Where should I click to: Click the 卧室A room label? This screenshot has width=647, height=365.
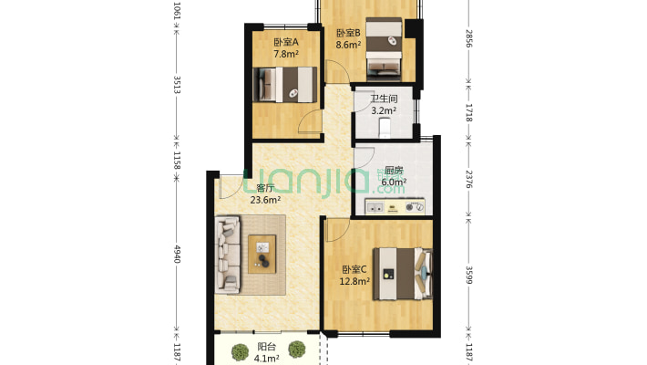point(286,42)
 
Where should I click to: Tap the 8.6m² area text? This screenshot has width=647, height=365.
point(348,45)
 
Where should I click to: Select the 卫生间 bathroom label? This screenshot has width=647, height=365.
point(384,99)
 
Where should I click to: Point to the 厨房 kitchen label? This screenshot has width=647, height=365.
point(394,171)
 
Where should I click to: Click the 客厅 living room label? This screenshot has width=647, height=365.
point(265,188)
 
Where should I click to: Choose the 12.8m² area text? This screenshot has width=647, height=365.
point(354,281)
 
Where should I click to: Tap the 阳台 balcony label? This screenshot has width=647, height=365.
point(267,347)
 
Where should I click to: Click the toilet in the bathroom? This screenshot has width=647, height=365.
point(385,128)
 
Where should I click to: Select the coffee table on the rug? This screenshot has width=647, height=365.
point(262,254)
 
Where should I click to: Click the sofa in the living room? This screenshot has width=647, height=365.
point(228,255)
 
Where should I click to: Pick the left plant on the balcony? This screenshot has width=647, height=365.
point(240,352)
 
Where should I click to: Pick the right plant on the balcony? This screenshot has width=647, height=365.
point(297,349)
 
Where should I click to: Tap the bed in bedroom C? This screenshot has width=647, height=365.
point(403,274)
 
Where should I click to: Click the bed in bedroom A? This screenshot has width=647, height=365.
point(284,84)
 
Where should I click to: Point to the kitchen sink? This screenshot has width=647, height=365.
point(375,207)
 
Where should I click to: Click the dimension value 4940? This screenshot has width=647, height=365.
point(177,254)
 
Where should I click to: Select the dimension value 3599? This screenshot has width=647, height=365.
point(468,275)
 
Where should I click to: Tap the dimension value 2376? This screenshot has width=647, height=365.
point(468,179)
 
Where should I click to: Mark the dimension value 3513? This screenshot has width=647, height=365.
point(177,84)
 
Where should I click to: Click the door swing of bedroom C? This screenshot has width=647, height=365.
point(337,230)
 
